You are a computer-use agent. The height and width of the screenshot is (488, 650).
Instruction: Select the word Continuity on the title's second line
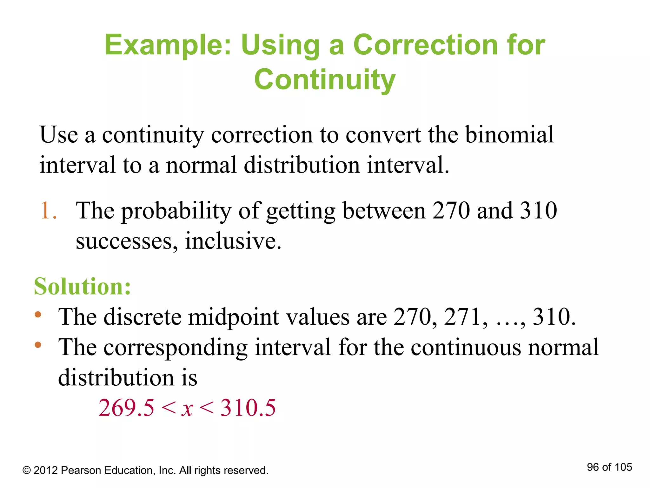point(325,79)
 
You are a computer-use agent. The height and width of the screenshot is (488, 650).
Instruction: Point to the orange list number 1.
point(46,210)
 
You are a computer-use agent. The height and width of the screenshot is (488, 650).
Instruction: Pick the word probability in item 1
point(176,211)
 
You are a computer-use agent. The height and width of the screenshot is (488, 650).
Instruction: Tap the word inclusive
point(233,241)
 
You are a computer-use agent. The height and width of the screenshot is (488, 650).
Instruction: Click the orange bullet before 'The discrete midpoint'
point(38,315)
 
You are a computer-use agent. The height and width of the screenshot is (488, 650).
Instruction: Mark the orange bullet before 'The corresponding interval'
point(38,345)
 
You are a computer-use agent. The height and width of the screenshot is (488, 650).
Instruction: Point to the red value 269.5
point(126,408)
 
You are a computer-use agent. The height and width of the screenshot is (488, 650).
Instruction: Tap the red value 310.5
point(248,408)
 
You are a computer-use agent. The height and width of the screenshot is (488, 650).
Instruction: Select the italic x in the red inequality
point(187,409)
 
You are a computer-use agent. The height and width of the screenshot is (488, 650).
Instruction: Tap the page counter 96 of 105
point(609,467)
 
